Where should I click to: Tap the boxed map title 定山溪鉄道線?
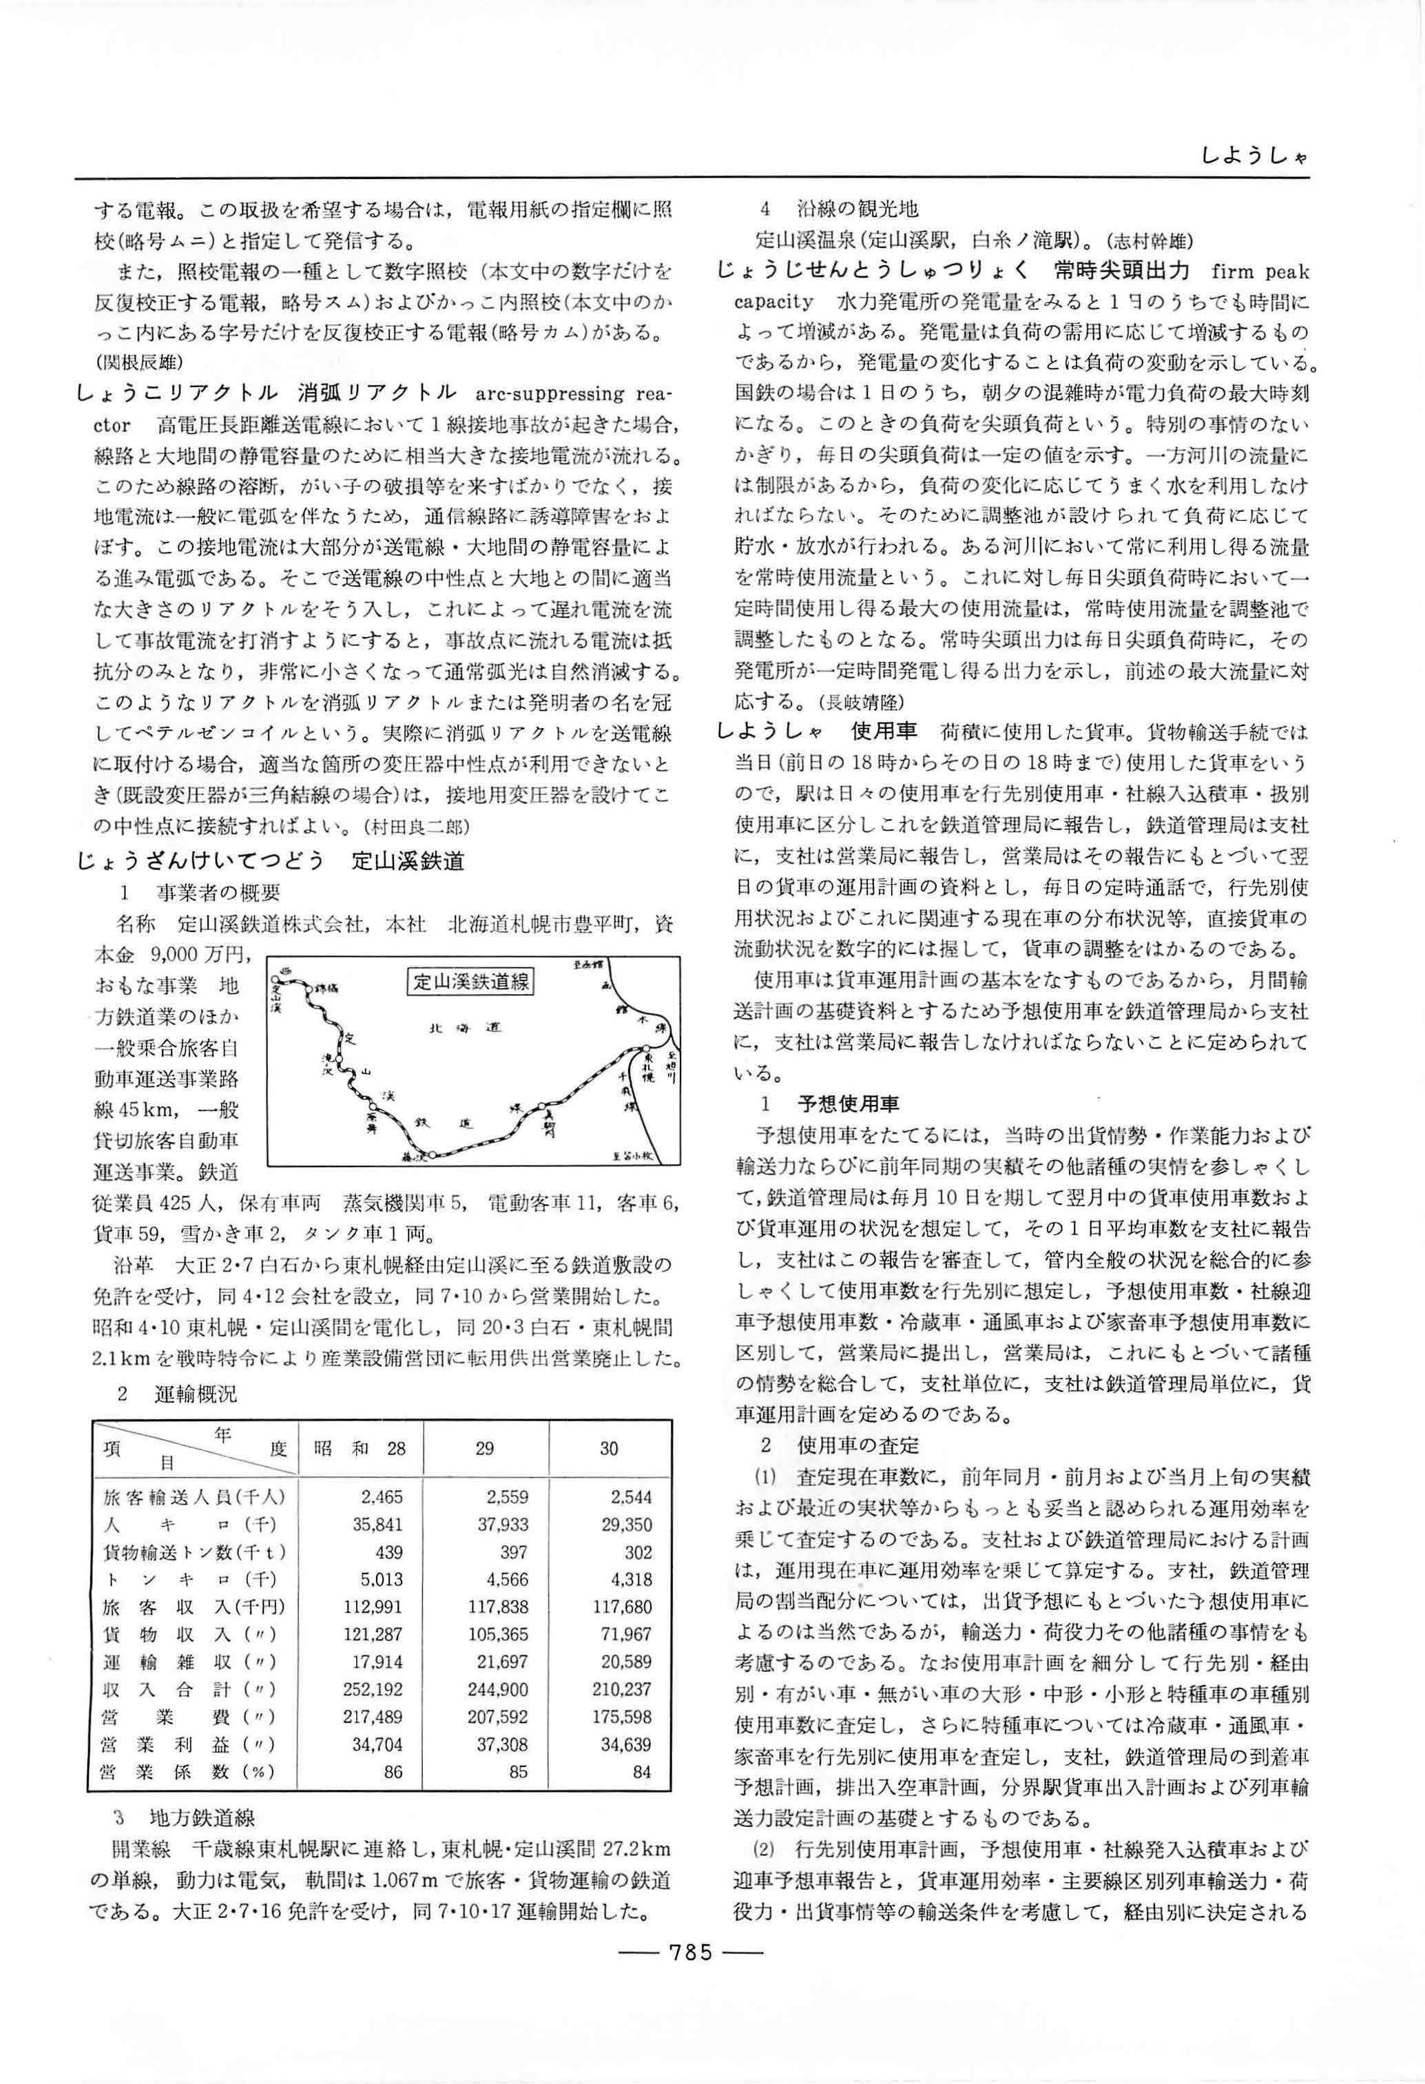tap(470, 982)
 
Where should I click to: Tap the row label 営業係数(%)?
tap(190, 1772)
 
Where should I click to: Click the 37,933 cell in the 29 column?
tap(498, 1525)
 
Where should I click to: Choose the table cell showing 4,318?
tap(625, 1579)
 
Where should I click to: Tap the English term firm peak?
tap(1259, 271)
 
